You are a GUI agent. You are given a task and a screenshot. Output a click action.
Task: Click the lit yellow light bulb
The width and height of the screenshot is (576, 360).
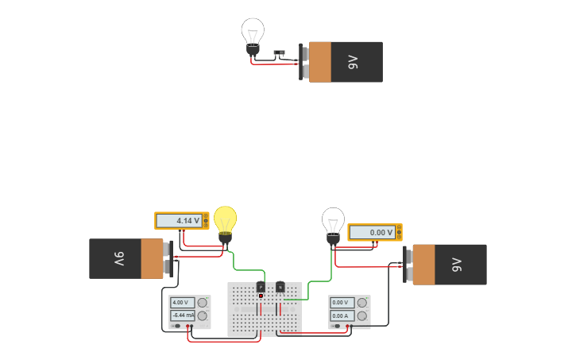[225, 220]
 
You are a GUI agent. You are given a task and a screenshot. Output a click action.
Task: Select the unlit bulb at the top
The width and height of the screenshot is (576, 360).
[253, 33]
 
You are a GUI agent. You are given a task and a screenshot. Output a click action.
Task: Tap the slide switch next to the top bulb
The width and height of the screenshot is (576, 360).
[279, 53]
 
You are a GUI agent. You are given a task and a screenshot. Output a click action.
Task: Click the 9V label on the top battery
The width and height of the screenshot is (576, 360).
[354, 62]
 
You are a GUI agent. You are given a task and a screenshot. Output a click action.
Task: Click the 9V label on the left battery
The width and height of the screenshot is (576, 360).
[118, 259]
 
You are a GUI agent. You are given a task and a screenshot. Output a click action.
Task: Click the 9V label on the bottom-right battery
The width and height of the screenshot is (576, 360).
[457, 265]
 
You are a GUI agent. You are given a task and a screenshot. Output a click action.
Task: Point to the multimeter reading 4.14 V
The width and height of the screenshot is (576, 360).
[181, 220]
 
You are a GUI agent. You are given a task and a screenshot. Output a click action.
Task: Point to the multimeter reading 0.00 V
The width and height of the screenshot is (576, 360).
[374, 232]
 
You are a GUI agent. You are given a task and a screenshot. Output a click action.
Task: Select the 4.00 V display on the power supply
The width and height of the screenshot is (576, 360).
[182, 303]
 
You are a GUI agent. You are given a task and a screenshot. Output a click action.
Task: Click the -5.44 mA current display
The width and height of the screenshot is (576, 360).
[182, 315]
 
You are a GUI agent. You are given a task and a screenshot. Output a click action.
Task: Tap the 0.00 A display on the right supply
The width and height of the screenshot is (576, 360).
[342, 315]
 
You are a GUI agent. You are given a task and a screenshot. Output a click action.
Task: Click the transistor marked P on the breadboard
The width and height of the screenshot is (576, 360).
[261, 286]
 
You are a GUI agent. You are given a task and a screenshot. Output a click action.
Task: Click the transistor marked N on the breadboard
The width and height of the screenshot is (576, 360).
[280, 287]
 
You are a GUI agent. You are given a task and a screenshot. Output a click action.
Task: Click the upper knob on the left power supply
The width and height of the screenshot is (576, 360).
[203, 303]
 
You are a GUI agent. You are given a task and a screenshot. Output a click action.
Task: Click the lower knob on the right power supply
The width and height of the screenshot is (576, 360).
[362, 315]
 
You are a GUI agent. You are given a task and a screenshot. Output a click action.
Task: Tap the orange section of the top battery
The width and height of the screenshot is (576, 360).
[320, 62]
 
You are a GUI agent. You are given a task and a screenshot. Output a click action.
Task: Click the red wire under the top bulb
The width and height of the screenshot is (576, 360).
[270, 64]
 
